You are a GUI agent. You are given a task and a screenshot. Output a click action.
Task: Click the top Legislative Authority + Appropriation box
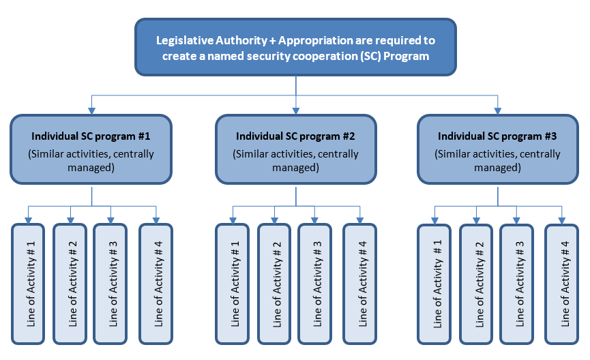(x=295, y=47)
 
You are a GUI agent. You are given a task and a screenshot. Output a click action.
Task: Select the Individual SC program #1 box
(x=91, y=149)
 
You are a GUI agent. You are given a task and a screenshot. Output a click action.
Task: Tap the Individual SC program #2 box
(x=295, y=149)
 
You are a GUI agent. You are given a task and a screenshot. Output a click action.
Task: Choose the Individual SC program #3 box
(x=498, y=149)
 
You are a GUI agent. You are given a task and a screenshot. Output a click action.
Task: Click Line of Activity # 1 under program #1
(x=31, y=283)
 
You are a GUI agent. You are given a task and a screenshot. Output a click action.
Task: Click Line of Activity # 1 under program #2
(x=234, y=283)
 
